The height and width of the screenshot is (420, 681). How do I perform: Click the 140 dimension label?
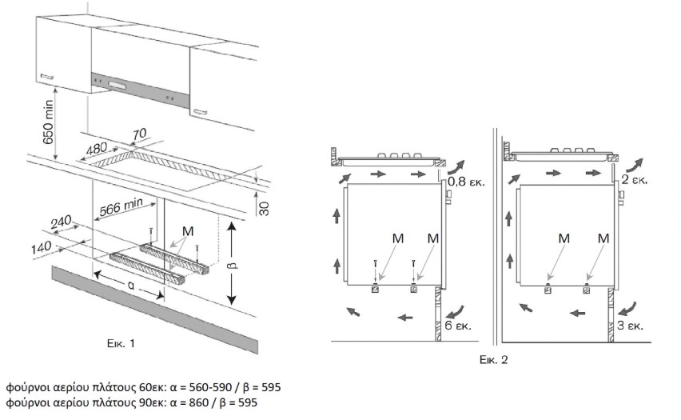coord(42,245)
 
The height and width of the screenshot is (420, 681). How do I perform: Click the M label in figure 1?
coord(188,231)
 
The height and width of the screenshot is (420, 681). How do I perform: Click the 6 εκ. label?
coord(460,326)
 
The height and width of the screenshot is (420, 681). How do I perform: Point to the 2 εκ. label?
coord(635,180)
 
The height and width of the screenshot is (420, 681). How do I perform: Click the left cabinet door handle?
coord(46,76)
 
